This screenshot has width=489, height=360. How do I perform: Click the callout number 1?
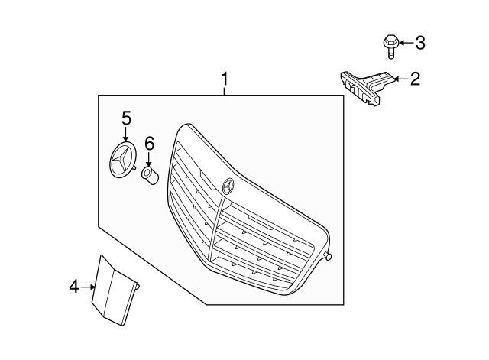(225, 78)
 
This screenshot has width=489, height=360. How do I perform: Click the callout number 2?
(414, 78)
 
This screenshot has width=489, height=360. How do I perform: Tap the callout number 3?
(419, 43)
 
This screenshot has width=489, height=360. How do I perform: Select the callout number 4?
(74, 287)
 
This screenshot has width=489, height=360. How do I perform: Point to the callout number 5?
(126, 117)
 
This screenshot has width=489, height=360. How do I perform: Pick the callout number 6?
(150, 142)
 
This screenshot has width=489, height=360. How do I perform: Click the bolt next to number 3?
(388, 44)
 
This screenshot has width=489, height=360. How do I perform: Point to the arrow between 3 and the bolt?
(404, 43)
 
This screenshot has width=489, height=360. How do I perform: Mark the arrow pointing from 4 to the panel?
(88, 287)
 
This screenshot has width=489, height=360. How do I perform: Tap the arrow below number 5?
(126, 133)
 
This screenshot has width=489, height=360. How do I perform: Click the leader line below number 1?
(225, 90)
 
